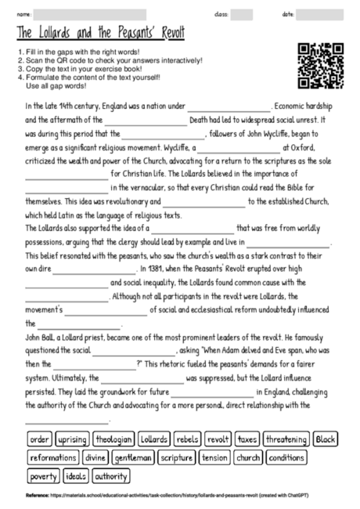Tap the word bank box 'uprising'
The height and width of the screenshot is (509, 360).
point(73,439)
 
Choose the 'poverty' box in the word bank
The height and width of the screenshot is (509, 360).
point(43,475)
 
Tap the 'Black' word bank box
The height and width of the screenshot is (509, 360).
point(326,439)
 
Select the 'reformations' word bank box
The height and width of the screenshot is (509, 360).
point(52,457)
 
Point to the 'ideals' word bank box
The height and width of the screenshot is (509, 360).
point(76,475)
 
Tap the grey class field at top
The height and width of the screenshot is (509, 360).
point(242,15)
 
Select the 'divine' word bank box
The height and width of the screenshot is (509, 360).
point(95,457)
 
